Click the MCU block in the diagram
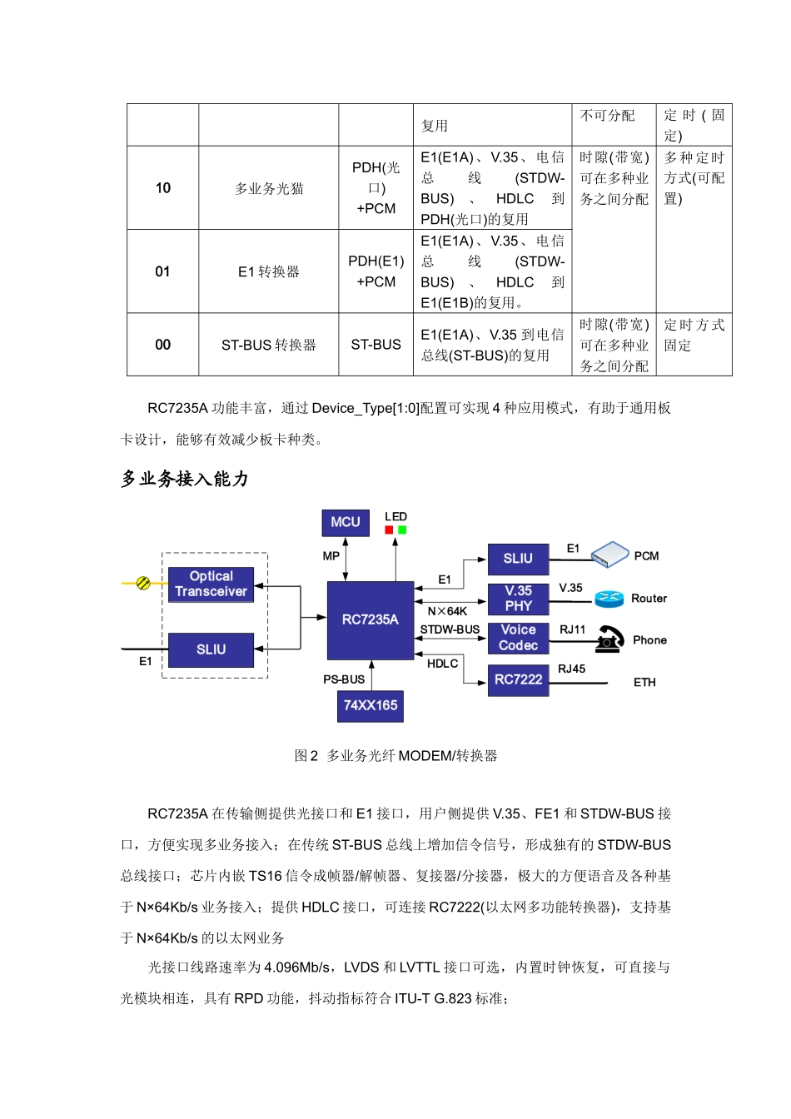point(346,523)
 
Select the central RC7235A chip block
point(371,619)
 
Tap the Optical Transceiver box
point(211,584)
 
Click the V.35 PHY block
point(518,599)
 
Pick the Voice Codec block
point(518,638)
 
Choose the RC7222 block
point(518,679)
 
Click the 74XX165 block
point(371,705)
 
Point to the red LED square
point(389,530)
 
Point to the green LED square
point(402,530)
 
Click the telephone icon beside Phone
point(610,639)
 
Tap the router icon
point(609,599)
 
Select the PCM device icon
point(609,554)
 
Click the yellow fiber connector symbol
point(143,583)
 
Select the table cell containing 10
point(163,188)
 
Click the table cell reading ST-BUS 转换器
point(268,345)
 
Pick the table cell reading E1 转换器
point(268,271)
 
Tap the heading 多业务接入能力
point(185,479)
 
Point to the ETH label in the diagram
point(644,683)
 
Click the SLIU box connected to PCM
point(518,559)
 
